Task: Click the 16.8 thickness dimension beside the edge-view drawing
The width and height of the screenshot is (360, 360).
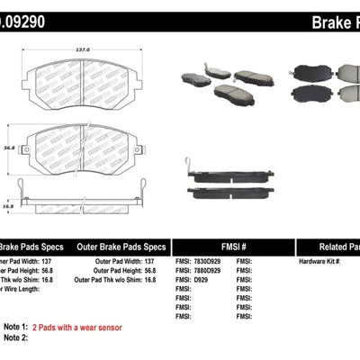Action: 9,204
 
